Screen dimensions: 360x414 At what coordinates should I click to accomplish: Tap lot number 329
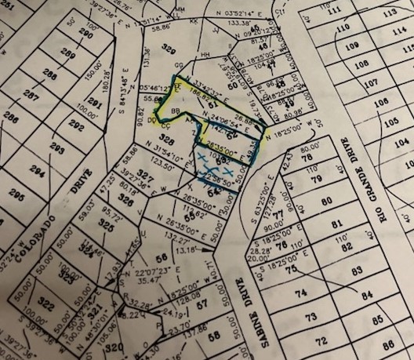click(166, 49)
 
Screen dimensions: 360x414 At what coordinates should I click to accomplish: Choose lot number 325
click(104, 224)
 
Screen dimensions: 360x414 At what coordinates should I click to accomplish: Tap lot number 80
click(327, 202)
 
